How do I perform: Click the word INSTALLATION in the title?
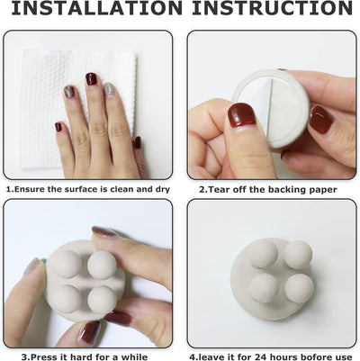click(93, 9)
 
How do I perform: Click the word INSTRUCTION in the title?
click(269, 9)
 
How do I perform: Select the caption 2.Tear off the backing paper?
click(268, 190)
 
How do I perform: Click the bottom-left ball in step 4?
click(264, 288)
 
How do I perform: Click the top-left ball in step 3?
click(64, 263)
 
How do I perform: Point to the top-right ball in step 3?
click(101, 265)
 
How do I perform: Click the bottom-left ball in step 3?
click(67, 298)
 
